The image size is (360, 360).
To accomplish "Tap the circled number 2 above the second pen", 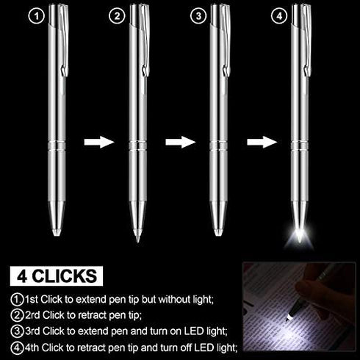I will click(x=116, y=14).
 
